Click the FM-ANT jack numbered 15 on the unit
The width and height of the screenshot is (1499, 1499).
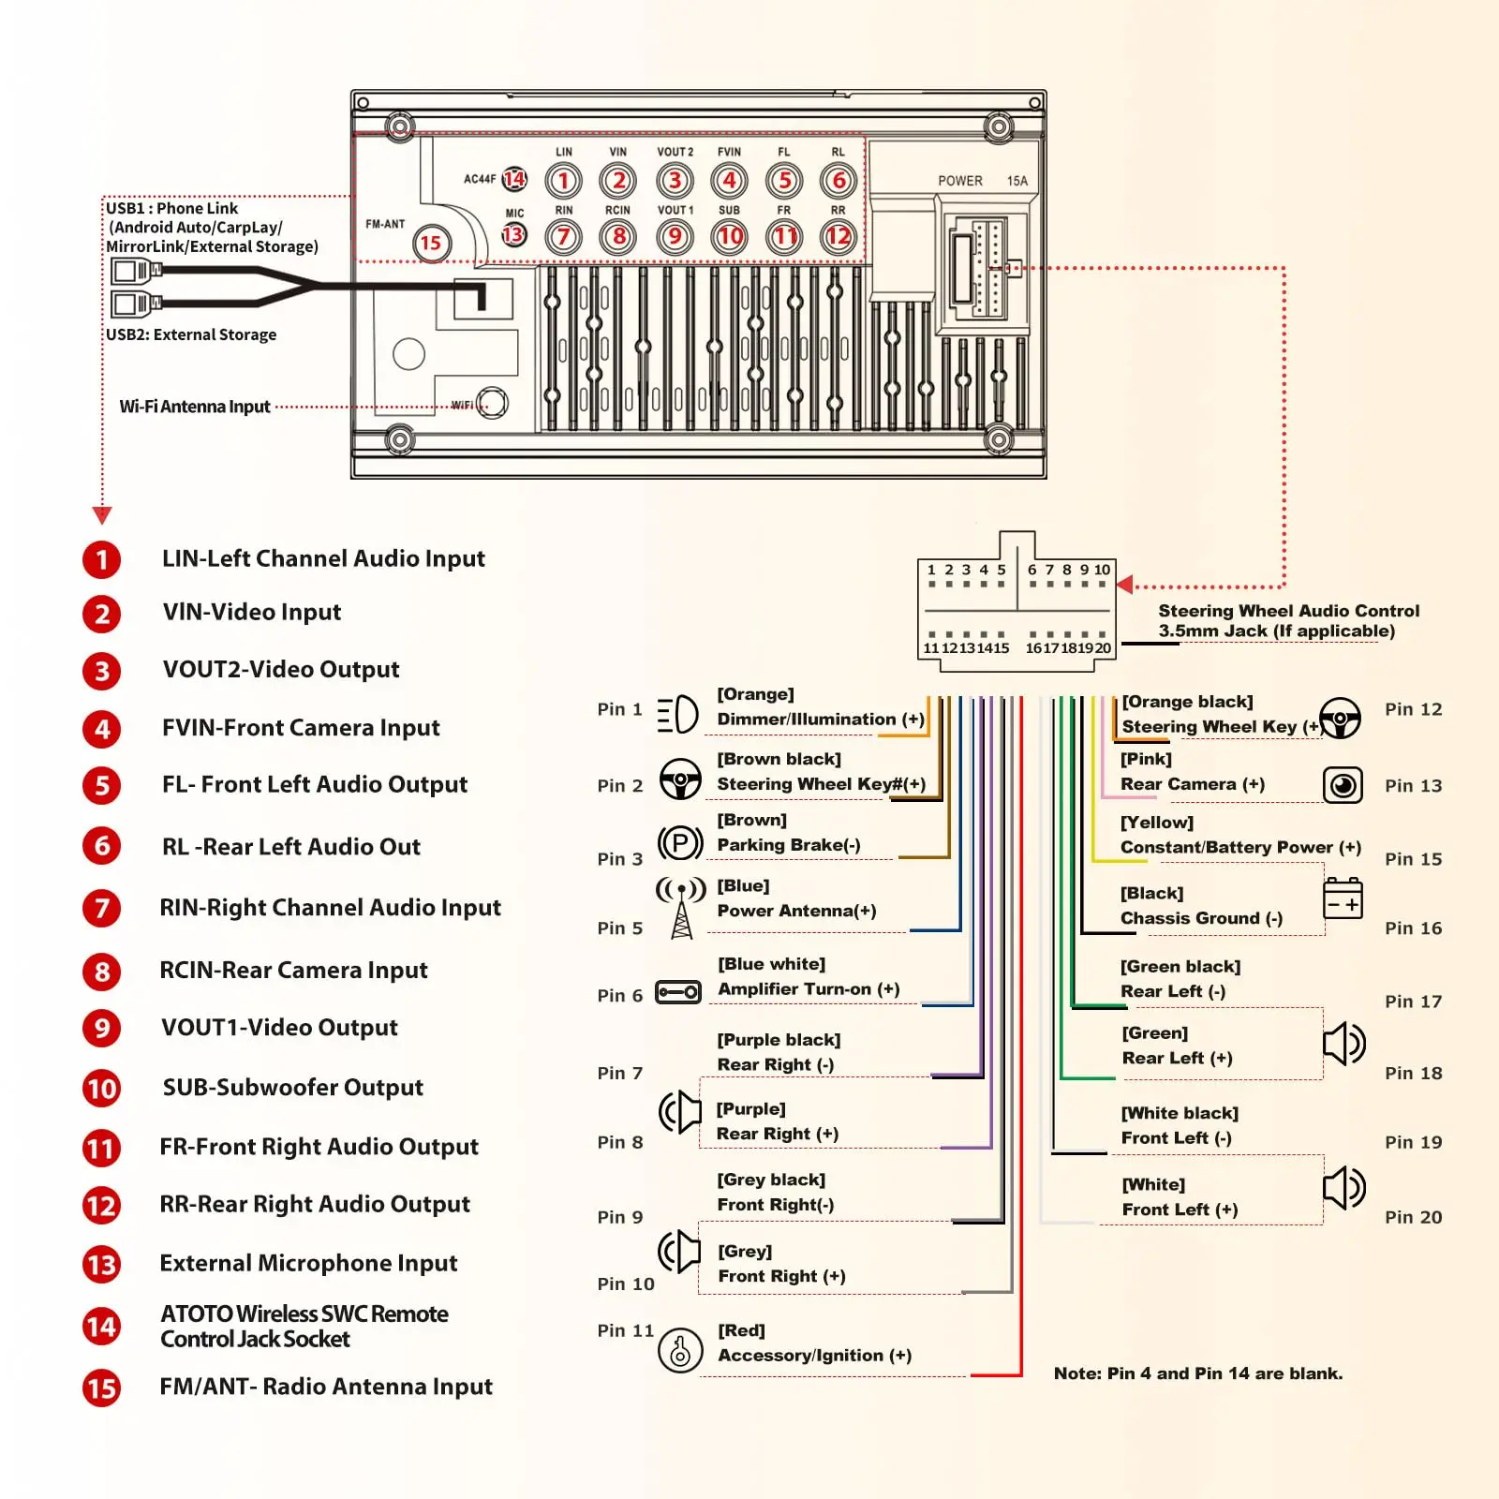click(x=431, y=244)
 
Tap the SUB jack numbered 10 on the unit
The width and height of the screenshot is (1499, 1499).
click(x=730, y=236)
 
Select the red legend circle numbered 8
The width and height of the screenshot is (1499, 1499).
click(x=102, y=972)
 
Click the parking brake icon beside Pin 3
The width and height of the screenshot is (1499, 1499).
click(x=680, y=843)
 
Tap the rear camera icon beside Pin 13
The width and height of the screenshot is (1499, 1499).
click(x=1343, y=785)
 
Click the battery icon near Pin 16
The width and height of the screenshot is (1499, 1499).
click(x=1343, y=898)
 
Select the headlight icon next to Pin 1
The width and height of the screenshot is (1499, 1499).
click(x=678, y=715)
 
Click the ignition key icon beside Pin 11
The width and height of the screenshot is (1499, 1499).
click(x=680, y=1351)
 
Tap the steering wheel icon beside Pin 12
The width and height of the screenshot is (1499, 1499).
click(x=1341, y=719)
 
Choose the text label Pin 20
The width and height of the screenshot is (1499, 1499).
click(x=1413, y=1217)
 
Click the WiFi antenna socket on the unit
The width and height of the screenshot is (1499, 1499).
click(x=493, y=404)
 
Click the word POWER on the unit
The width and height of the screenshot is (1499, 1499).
click(x=960, y=181)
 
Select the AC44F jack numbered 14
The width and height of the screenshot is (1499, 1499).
click(x=514, y=179)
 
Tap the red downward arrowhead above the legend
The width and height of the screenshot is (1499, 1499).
click(x=102, y=514)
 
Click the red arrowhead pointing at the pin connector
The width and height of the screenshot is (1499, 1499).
click(x=1125, y=585)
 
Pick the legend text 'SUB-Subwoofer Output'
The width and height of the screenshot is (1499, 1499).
click(x=292, y=1088)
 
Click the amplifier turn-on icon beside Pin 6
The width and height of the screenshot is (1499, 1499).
click(x=678, y=991)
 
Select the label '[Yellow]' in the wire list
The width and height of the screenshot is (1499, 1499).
click(x=1157, y=823)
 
